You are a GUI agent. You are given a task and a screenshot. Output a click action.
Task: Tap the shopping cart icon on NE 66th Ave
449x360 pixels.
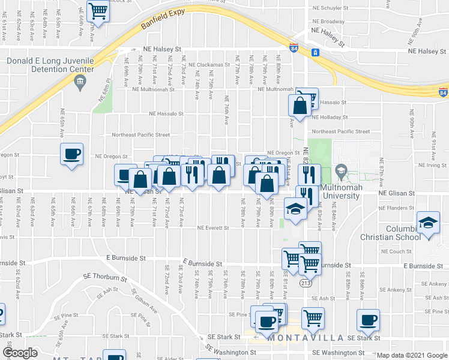98,10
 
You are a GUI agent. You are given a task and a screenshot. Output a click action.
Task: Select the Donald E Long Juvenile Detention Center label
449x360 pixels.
50,65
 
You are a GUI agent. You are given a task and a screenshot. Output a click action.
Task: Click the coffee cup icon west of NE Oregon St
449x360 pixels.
71,154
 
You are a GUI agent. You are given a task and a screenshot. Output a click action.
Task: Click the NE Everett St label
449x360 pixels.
213,228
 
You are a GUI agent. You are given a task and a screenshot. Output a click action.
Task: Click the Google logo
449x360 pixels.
20,352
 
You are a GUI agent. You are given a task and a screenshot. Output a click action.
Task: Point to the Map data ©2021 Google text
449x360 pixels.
411,355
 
